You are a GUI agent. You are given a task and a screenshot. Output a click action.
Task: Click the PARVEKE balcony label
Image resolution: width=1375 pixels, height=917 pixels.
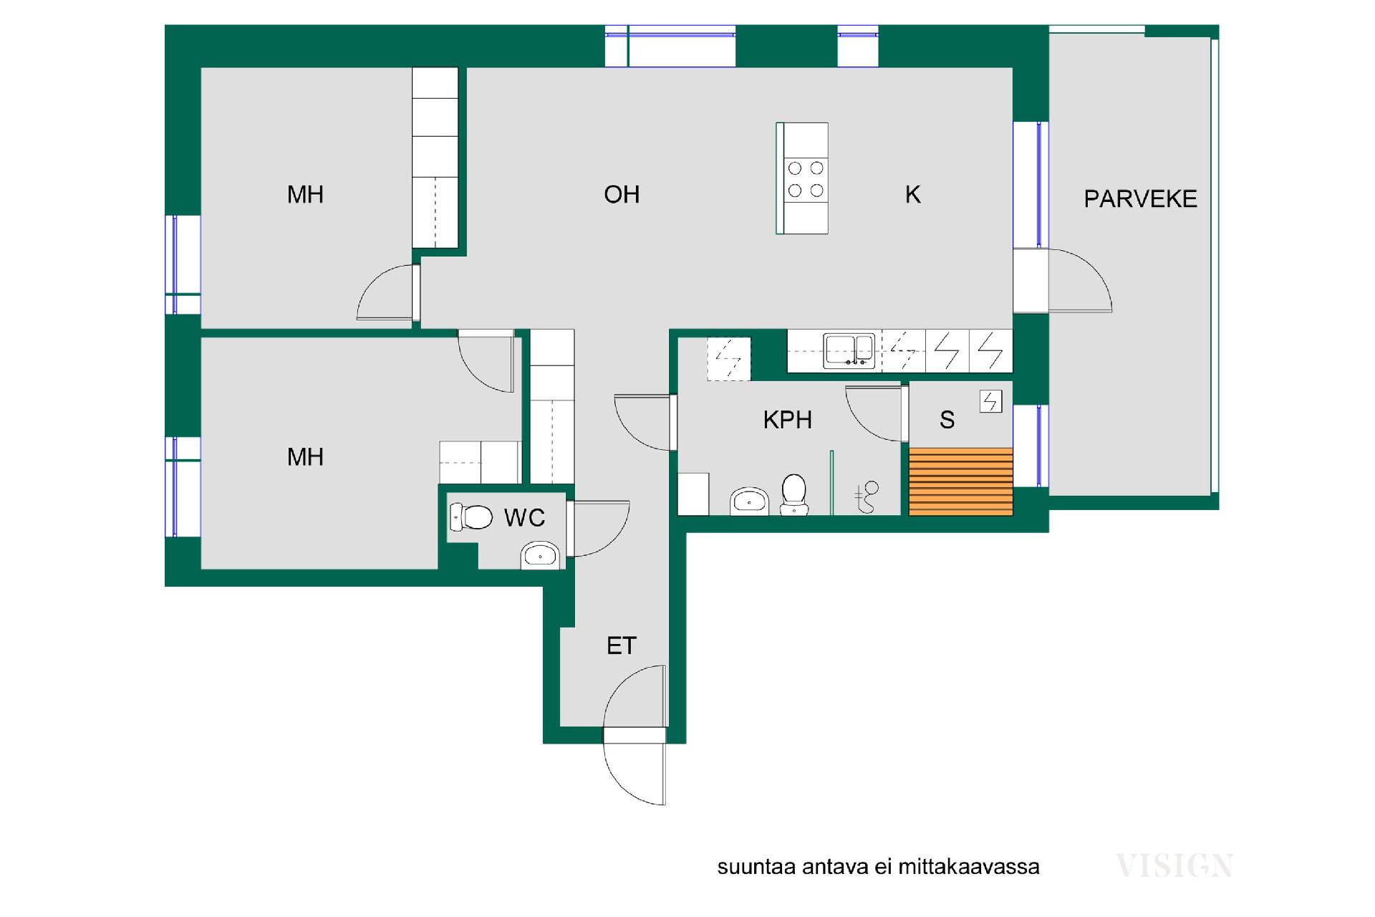click(x=1139, y=198)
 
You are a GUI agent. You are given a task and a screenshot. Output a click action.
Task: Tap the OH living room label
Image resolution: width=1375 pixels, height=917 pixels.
click(x=621, y=194)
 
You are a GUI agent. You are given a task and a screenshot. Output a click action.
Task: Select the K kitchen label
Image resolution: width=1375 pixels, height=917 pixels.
click(x=912, y=194)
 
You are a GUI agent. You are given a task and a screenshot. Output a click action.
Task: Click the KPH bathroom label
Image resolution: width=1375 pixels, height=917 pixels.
click(x=787, y=419)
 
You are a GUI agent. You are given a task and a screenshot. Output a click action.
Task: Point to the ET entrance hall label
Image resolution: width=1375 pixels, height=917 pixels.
click(x=621, y=645)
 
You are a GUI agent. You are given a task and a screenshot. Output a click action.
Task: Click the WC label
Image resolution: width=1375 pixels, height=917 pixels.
click(x=524, y=517)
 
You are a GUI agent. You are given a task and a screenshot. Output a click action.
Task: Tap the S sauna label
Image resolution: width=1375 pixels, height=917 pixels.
click(x=947, y=420)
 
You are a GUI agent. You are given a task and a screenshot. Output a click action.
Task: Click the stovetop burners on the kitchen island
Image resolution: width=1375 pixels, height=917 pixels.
click(x=806, y=179)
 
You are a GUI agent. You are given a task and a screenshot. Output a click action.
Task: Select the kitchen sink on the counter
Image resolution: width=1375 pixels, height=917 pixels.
click(x=849, y=350)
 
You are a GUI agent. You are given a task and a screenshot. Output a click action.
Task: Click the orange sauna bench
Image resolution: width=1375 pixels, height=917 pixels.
click(x=960, y=481)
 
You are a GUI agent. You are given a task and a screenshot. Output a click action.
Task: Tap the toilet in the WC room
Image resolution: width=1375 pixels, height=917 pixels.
click(x=472, y=516)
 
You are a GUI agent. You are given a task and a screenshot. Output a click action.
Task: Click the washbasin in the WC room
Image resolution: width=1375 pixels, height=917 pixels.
click(x=539, y=555)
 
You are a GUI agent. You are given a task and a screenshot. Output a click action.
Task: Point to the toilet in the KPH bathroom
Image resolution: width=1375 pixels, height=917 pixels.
click(x=793, y=494)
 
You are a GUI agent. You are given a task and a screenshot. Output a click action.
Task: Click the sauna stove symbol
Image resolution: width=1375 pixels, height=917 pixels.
click(x=990, y=401)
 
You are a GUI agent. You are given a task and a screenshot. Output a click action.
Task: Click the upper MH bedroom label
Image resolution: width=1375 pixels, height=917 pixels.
click(x=305, y=194)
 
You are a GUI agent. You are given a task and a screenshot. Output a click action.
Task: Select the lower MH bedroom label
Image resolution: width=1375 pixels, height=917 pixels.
click(x=305, y=456)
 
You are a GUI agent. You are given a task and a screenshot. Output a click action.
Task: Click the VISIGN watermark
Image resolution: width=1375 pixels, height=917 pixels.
click(x=1174, y=865)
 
